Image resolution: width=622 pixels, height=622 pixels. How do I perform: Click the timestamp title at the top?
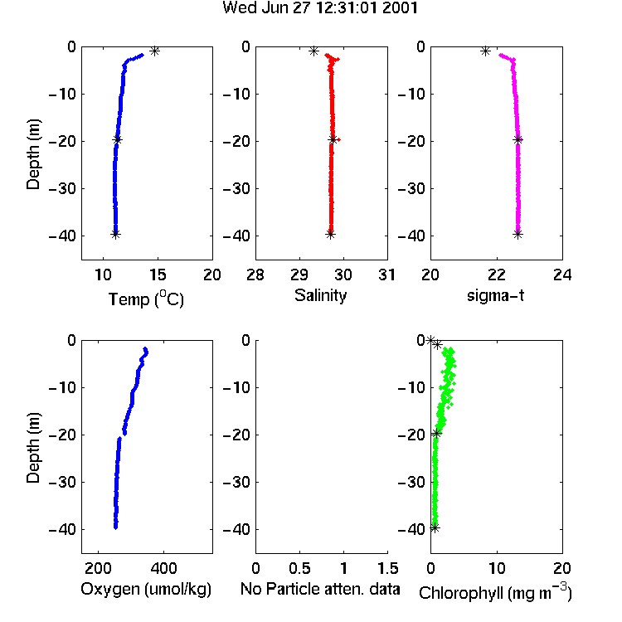tap(320, 7)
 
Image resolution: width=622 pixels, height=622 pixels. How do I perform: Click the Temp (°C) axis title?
tap(146, 299)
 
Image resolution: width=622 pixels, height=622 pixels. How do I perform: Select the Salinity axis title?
tap(320, 296)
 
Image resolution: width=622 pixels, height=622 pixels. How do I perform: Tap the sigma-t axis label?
tap(495, 295)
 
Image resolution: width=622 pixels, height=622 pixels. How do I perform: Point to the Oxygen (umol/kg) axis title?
tap(146, 590)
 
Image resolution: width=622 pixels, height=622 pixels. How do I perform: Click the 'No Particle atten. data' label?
tap(320, 589)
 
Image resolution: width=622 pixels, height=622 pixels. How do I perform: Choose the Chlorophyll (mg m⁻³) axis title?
tap(495, 592)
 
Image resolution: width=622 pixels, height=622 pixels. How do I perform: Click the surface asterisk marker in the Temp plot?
tap(155, 51)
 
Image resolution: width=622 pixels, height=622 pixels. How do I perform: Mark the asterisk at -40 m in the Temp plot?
tap(115, 234)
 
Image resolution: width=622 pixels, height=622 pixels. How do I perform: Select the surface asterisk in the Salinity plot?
tap(314, 51)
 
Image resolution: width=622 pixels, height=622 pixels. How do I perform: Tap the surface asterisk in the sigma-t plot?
tap(485, 51)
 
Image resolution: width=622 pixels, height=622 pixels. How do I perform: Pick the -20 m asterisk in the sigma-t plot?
tap(518, 139)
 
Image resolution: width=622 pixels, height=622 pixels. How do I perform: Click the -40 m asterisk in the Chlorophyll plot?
tap(435, 528)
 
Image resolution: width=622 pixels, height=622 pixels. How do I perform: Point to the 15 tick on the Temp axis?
tap(158, 275)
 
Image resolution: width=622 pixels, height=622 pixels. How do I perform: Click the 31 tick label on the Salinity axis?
tap(386, 275)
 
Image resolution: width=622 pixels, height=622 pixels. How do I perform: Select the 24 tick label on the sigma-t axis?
tap(562, 275)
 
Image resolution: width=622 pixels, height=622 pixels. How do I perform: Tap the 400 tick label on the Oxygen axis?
tap(163, 568)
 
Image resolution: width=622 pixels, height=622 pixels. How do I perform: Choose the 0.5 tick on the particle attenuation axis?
tap(299, 568)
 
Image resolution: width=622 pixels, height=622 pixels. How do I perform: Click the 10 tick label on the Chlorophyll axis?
tap(497, 568)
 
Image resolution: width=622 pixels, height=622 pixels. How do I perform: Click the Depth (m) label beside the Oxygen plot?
tap(33, 448)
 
